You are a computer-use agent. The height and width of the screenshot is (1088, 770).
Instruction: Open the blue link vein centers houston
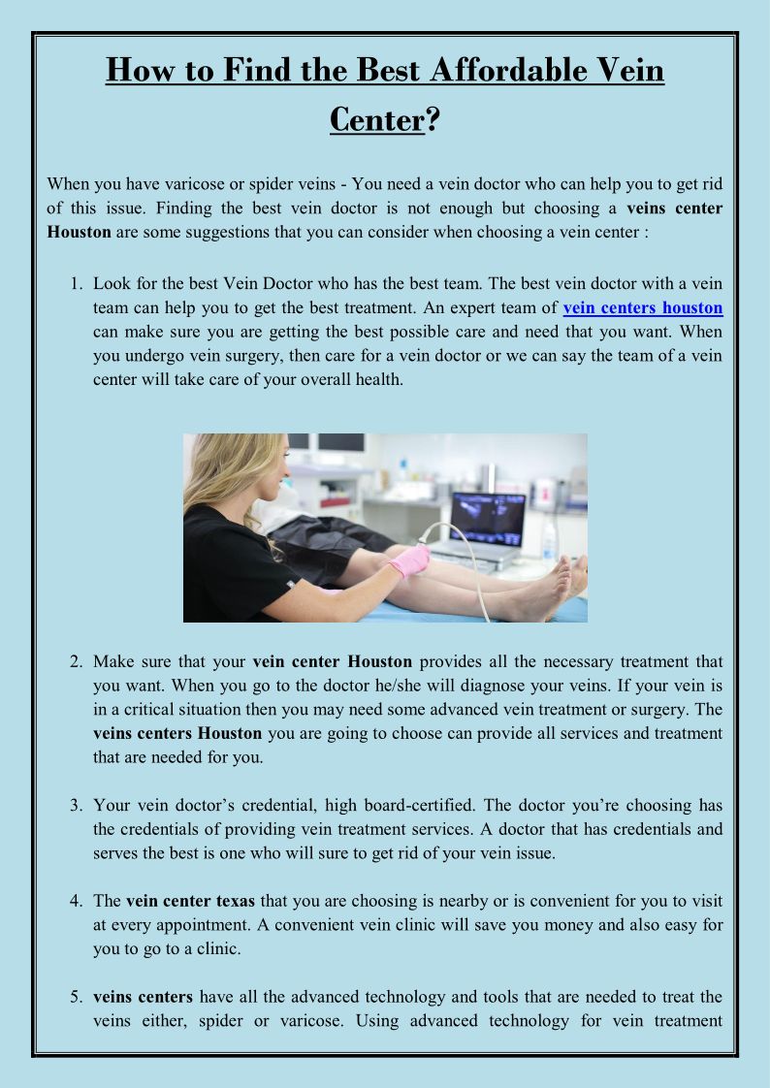[x=642, y=307]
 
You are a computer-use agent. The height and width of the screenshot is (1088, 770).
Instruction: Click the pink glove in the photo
[x=410, y=560]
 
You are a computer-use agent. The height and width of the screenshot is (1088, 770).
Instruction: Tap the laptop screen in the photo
[x=487, y=519]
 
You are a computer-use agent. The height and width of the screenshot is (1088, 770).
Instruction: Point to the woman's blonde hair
[x=223, y=472]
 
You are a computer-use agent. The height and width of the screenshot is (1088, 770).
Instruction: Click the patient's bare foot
[x=548, y=590]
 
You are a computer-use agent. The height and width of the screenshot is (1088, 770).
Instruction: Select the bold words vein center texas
[x=190, y=902]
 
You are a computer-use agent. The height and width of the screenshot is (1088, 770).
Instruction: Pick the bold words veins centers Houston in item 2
[x=177, y=733]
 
